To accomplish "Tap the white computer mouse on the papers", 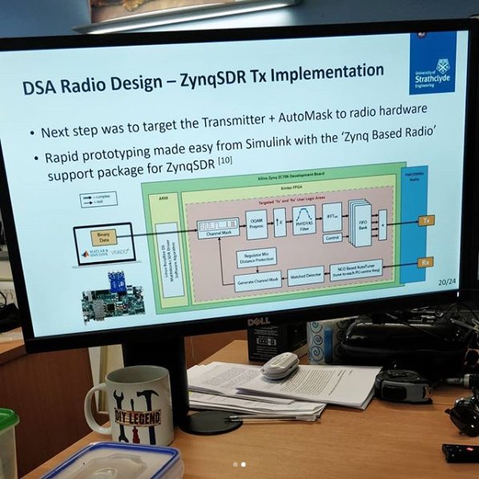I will coord(279,364).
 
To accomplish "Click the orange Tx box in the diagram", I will coord(426,219).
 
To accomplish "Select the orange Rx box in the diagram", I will coord(426,262).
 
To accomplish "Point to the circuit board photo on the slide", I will coord(112,296).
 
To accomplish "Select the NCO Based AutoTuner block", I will coord(369,274).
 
